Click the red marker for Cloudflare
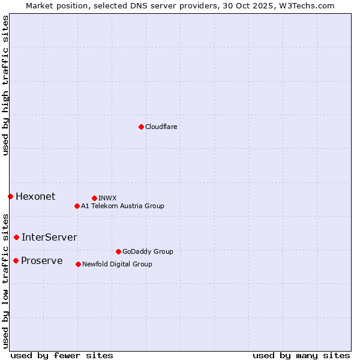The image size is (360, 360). pos(141,127)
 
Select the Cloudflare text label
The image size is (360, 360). pos(161,127)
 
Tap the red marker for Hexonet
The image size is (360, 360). pos(10,196)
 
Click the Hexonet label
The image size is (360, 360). pos(35,197)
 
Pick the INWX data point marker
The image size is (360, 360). pos(94,198)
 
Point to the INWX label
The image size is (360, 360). pos(107,198)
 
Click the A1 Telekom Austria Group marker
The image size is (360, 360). pos(77,206)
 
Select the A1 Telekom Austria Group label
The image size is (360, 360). pos(122,206)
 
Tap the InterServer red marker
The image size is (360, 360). pos(16,237)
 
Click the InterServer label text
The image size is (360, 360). pos(49,238)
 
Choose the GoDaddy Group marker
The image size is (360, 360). pos(118,251)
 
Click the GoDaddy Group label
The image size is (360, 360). pos(148,252)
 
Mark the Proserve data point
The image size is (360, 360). pos(16,260)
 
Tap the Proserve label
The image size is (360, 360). pos(41,261)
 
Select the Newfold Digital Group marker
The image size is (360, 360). pos(78,264)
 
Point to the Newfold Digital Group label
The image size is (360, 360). pos(117,265)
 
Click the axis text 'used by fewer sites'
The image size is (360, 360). pos(62,356)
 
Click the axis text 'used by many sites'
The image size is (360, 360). pos(301,356)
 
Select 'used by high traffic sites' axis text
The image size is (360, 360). pos(6,85)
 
